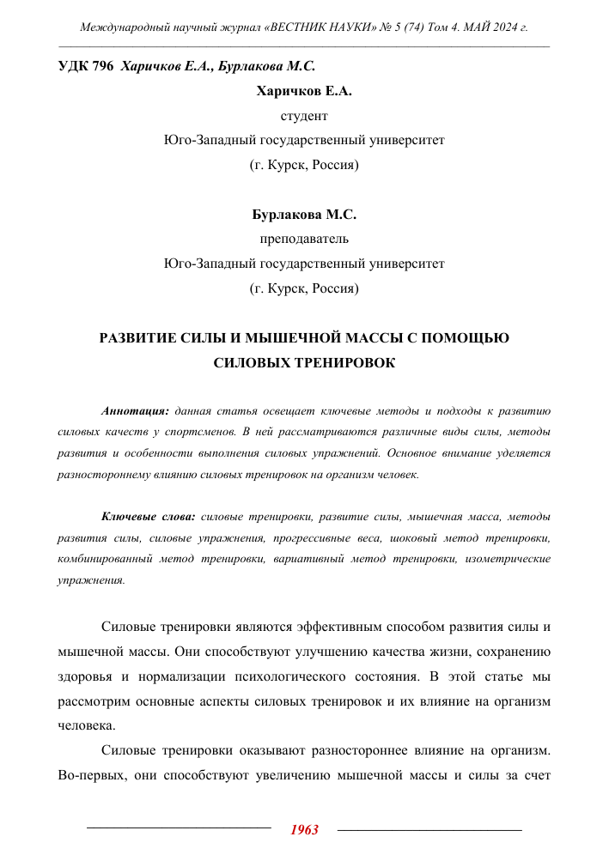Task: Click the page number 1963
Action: [x=304, y=829]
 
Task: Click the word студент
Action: [x=304, y=114]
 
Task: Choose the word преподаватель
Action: [x=304, y=239]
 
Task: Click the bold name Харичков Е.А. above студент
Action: [x=304, y=90]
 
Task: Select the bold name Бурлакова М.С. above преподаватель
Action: [x=304, y=215]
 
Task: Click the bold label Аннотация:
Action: [x=135, y=410]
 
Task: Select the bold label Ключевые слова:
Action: [x=149, y=517]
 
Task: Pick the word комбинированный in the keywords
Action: [x=102, y=559]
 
